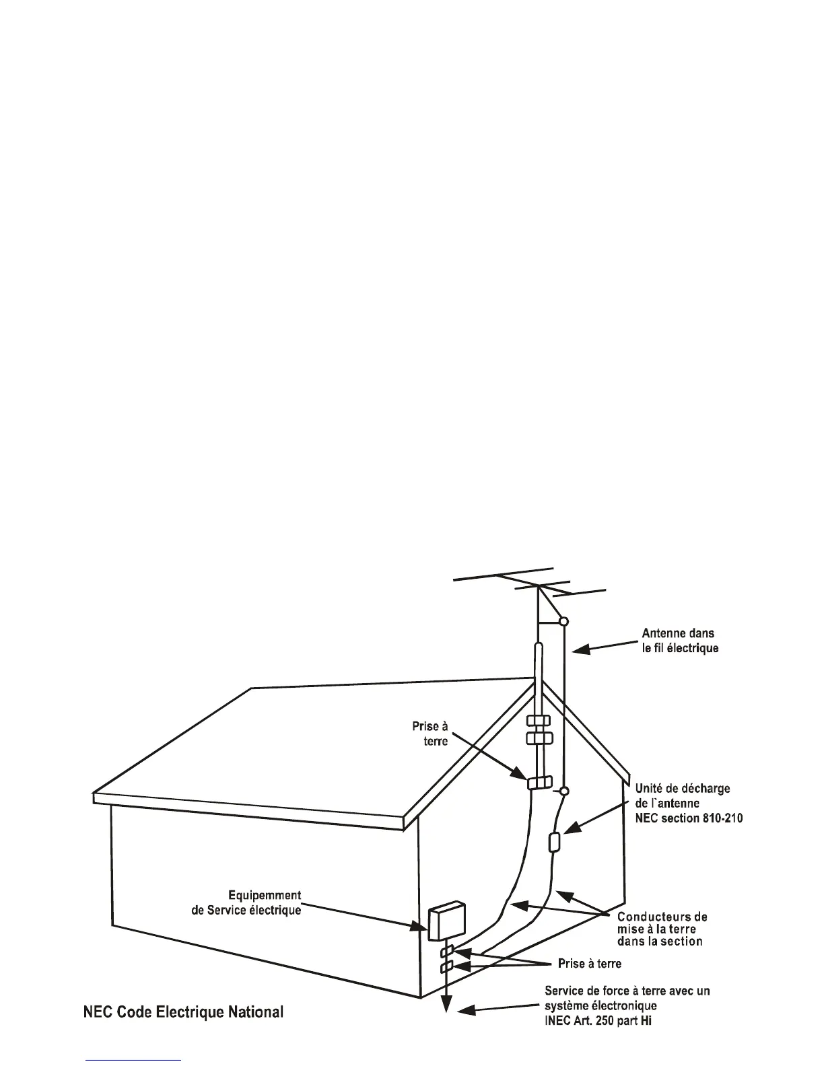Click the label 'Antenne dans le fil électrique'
pos(679,641)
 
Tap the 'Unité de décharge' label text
pos(683,788)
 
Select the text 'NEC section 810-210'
pos(689,818)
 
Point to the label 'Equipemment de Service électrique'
pos(246,902)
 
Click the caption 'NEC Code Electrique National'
pos(183,1011)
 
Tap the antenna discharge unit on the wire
pos(556,842)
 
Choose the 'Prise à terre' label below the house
pos(590,964)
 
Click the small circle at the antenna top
pos(564,621)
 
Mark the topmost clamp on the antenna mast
pos(539,721)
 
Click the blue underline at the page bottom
pos(134,1060)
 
